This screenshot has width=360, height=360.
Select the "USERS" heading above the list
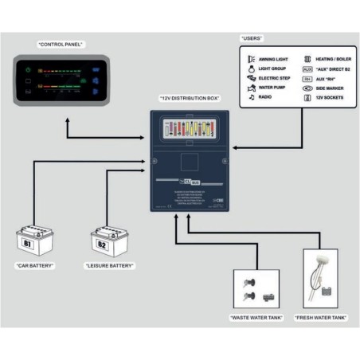coord(252,38)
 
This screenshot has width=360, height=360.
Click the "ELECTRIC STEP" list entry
coord(273,78)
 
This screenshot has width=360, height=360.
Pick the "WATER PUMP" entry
coord(271,88)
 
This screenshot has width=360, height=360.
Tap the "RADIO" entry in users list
coord(264,97)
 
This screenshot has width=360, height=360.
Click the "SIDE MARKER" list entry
coord(334,88)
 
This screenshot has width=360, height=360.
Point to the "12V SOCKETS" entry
coord(334,97)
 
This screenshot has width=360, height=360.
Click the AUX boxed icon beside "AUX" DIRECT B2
coord(307,68)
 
